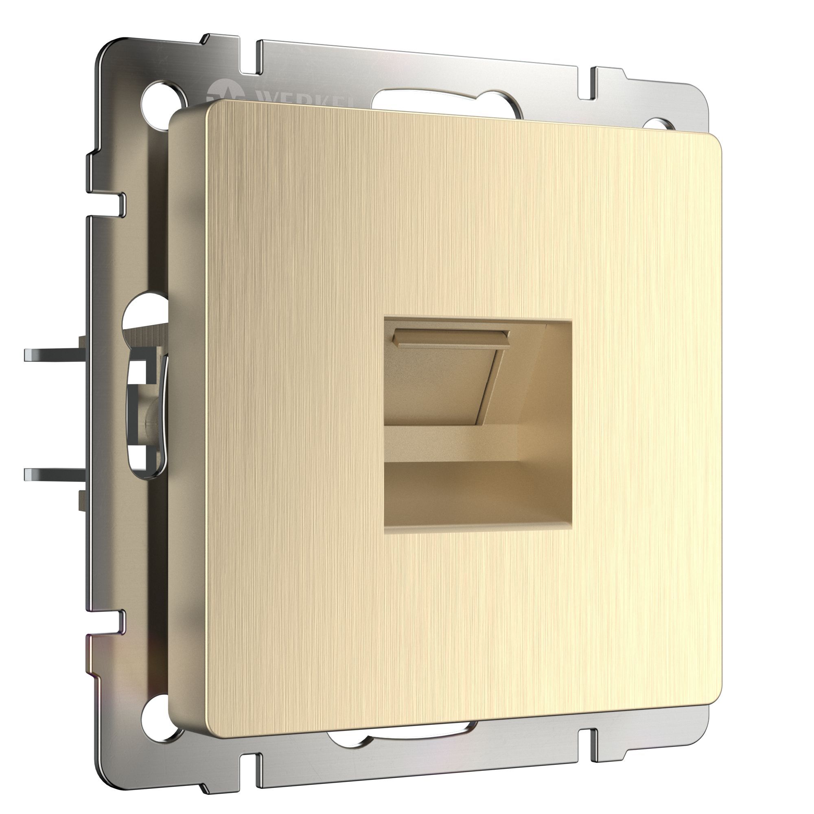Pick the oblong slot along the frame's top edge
click(446, 101)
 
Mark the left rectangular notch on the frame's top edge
click(249, 59)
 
